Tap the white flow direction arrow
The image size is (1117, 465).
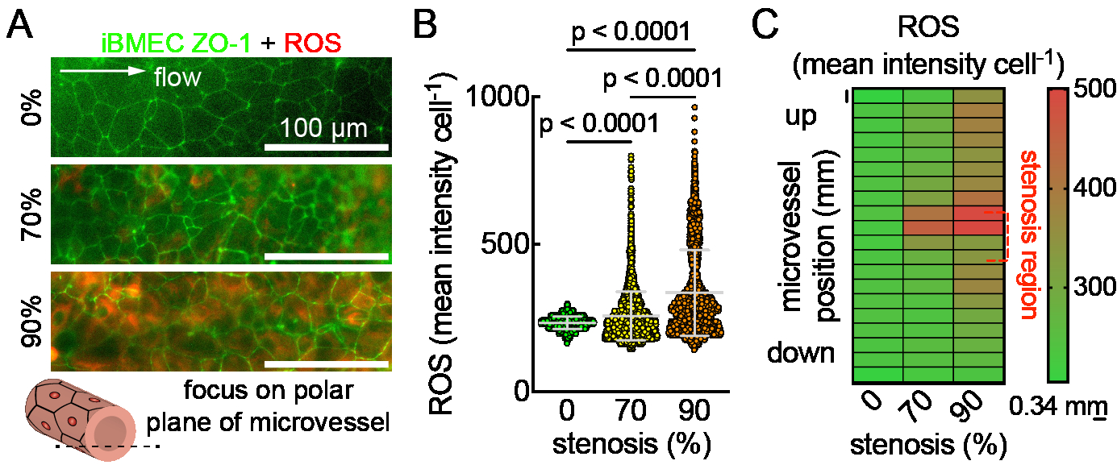102,73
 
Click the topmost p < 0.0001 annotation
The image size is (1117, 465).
630,32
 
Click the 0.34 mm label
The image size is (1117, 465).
1056,401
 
